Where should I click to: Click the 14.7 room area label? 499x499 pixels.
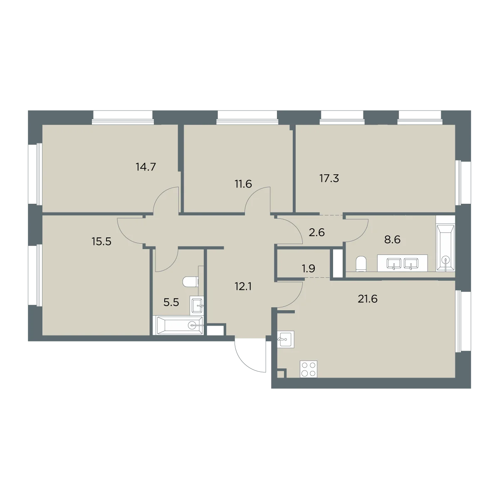coord(146,167)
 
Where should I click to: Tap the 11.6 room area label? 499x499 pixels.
coord(243,184)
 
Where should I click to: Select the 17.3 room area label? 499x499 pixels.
coord(329,178)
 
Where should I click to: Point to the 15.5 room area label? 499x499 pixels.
coord(101,242)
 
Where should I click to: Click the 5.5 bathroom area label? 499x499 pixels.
coord(171,302)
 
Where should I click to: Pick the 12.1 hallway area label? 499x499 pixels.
coord(243,287)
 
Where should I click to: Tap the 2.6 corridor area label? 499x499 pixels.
coord(317,232)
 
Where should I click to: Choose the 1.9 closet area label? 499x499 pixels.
coord(309,269)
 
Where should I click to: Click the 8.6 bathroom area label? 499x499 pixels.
coord(392,240)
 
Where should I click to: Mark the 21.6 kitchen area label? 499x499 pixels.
coord(368,299)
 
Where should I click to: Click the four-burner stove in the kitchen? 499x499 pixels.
coord(309,369)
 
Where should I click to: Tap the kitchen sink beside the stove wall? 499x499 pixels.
coord(286,339)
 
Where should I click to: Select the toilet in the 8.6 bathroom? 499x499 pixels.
coord(361,264)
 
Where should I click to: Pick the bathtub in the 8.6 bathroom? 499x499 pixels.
coord(445,248)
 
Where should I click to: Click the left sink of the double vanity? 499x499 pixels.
coord(394,264)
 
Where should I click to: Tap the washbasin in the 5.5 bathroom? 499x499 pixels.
coord(197,306)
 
